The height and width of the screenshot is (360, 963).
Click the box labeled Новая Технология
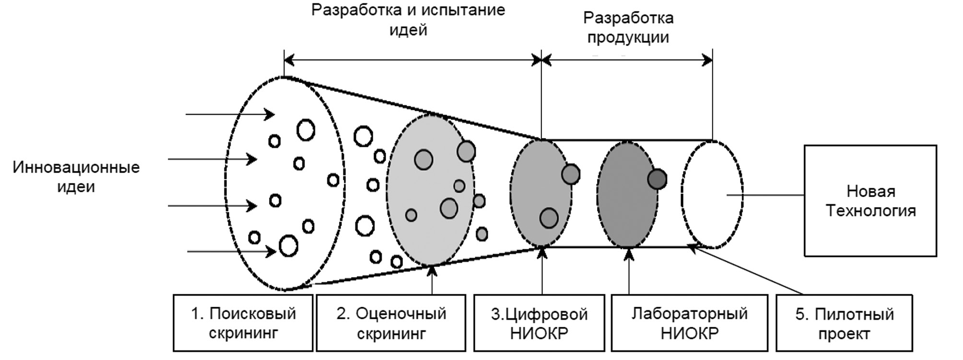click(870, 201)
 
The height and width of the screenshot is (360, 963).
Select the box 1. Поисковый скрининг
click(243, 323)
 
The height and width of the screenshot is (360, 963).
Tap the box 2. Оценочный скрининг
click(391, 323)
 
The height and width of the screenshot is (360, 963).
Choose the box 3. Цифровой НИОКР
click(539, 323)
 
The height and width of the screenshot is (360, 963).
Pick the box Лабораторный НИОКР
click(689, 323)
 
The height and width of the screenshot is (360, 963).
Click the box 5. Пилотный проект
click(844, 323)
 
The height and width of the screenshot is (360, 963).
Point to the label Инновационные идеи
click(76, 176)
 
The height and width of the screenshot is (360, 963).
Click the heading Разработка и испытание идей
click(408, 20)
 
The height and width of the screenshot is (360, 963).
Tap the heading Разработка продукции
click(628, 27)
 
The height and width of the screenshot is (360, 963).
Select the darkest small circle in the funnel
click(657, 179)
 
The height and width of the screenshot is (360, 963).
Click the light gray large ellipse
click(430, 189)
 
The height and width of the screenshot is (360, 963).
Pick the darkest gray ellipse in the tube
click(627, 195)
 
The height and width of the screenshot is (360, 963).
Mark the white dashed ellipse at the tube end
click(712, 195)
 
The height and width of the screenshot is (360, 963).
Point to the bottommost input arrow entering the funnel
click(231, 251)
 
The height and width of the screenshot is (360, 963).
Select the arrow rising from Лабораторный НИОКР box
click(629, 271)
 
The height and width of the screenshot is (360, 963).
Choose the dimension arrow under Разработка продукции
click(627, 60)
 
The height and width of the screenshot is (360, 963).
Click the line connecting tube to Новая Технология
click(765, 195)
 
